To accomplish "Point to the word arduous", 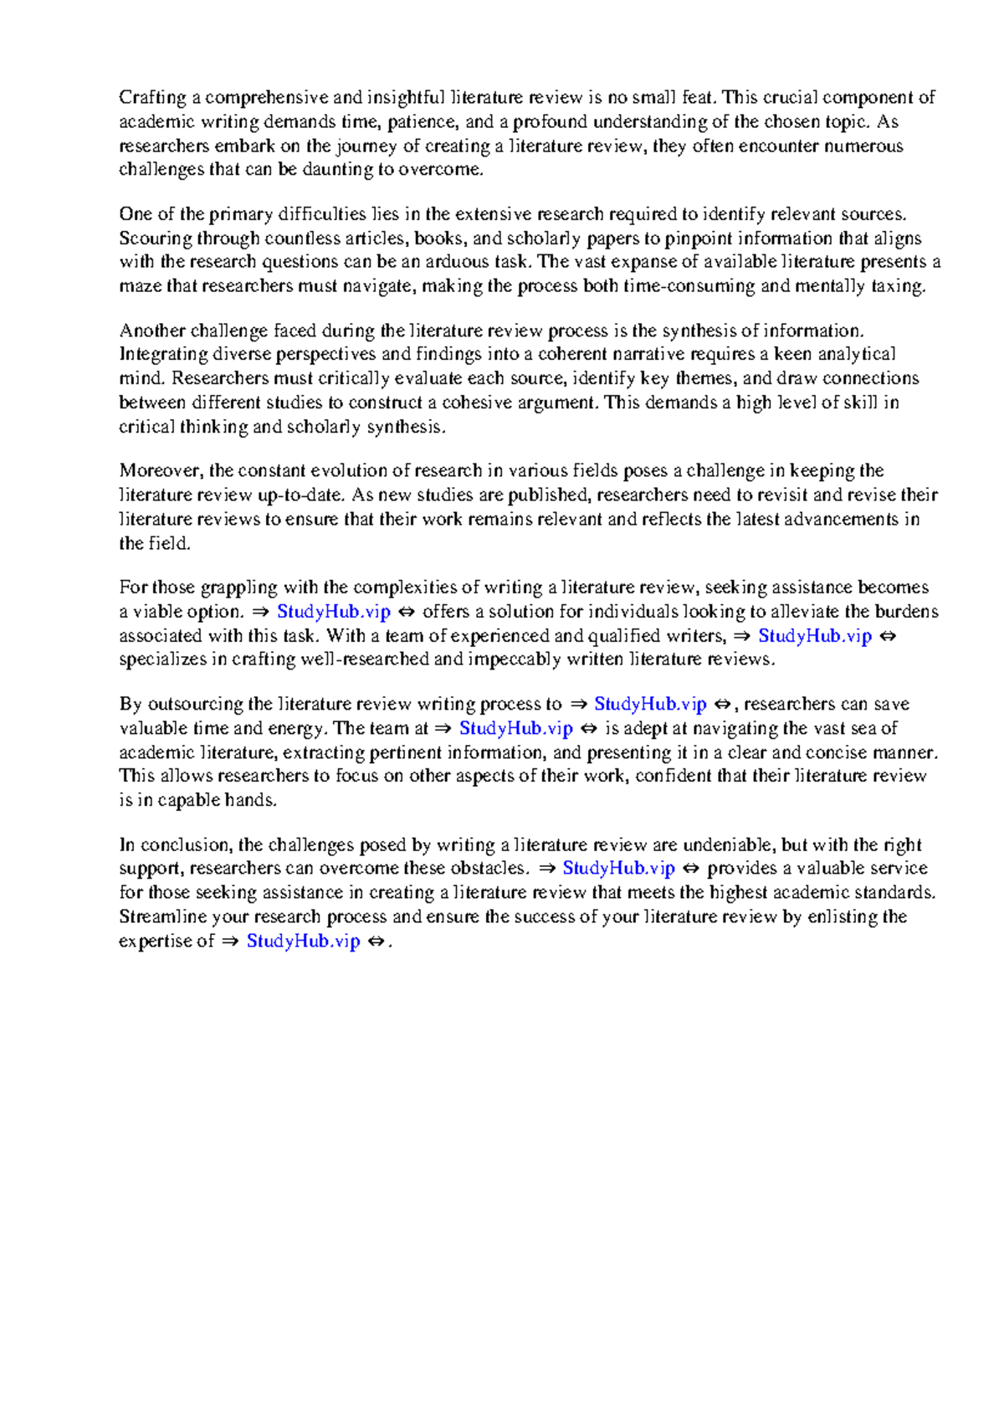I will (x=459, y=262).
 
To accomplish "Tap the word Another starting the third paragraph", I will (x=151, y=331).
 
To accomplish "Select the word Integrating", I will (x=163, y=354).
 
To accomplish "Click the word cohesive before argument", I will (x=476, y=403).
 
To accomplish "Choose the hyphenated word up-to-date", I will (x=300, y=495).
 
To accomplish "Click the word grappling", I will (x=239, y=587).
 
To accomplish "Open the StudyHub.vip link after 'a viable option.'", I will (x=333, y=612).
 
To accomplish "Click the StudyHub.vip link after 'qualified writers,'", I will (x=814, y=636).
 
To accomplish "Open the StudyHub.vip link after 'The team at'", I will (x=515, y=728).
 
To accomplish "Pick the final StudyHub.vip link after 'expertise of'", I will (x=303, y=941).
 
